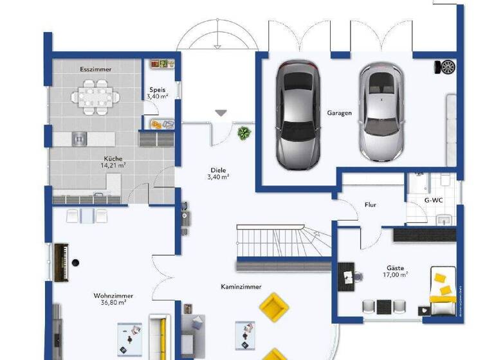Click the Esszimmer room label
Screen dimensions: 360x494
(95, 68)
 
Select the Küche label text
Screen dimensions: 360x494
(113, 159)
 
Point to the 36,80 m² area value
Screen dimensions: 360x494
(113, 302)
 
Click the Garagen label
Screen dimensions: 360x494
(339, 113)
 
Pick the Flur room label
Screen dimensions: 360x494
(370, 205)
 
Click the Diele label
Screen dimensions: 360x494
(218, 170)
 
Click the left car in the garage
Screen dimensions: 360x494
(297, 116)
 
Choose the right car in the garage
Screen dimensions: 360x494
(380, 114)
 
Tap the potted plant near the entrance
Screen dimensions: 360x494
(244, 133)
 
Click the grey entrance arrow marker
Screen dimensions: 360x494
(221, 113)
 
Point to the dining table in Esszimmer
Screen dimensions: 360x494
(95, 93)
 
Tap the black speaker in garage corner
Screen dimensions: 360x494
(446, 67)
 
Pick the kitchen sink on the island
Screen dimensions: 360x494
(78, 138)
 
